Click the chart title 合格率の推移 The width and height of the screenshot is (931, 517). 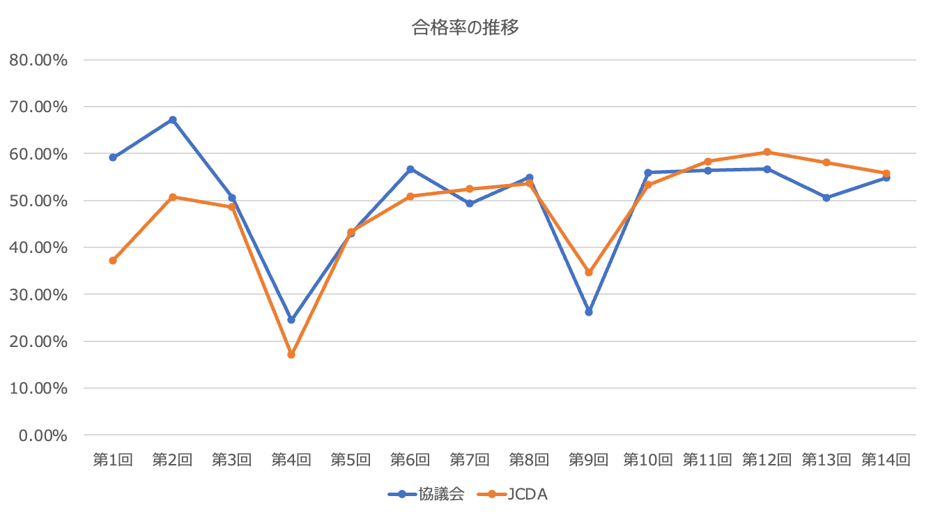tap(465, 28)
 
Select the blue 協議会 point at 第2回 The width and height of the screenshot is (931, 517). tap(173, 120)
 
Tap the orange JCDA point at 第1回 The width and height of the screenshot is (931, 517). tap(113, 261)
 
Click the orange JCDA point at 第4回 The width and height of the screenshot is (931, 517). tap(291, 355)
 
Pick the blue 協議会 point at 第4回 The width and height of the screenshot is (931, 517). tap(291, 320)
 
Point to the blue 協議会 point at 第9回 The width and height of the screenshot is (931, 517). tap(589, 312)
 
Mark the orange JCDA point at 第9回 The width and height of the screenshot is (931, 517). tap(589, 272)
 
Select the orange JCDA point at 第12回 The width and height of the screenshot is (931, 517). tap(767, 152)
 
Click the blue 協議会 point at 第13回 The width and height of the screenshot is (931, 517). tap(826, 198)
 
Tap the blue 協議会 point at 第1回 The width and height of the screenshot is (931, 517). tap(113, 157)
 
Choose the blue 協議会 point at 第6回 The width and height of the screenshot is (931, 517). tap(410, 169)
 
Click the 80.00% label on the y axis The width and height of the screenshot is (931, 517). tap(38, 60)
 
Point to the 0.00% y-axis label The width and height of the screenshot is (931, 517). tap(43, 435)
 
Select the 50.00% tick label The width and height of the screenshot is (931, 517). tap(38, 201)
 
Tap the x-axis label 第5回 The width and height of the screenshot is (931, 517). tap(351, 460)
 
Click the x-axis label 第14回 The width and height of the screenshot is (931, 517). tap(886, 460)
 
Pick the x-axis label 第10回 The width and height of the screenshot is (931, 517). tap(648, 460)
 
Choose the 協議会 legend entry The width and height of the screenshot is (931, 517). tap(426, 495)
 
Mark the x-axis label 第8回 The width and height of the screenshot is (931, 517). tap(529, 460)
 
